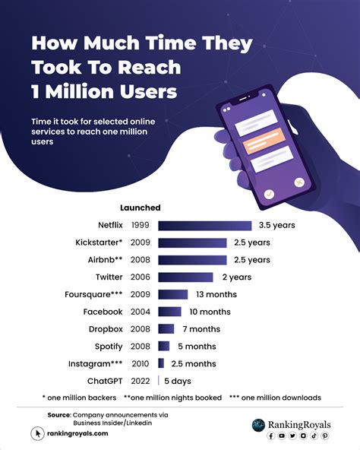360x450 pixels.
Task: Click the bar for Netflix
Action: click(204, 226)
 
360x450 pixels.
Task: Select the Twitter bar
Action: click(186, 277)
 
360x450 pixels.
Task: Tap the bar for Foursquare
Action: click(172, 294)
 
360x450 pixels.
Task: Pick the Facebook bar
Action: click(169, 312)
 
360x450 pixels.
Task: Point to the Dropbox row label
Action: click(103, 329)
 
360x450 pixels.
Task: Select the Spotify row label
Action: click(105, 347)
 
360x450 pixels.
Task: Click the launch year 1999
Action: click(140, 226)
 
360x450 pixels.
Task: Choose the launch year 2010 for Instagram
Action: click(140, 364)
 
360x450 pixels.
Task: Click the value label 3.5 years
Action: click(276, 226)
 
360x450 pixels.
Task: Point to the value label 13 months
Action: click(215, 294)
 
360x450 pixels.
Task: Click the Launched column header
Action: click(140, 208)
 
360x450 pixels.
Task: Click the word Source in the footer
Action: click(58, 414)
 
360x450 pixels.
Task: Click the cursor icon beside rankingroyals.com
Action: click(36, 433)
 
